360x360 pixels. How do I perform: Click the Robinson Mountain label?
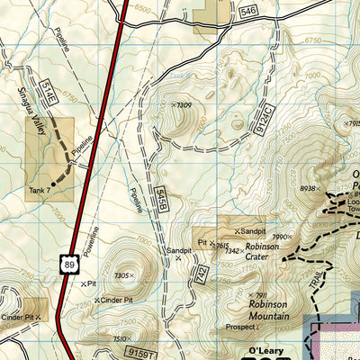pos(269,310)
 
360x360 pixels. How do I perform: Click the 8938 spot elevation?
pos(310,188)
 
